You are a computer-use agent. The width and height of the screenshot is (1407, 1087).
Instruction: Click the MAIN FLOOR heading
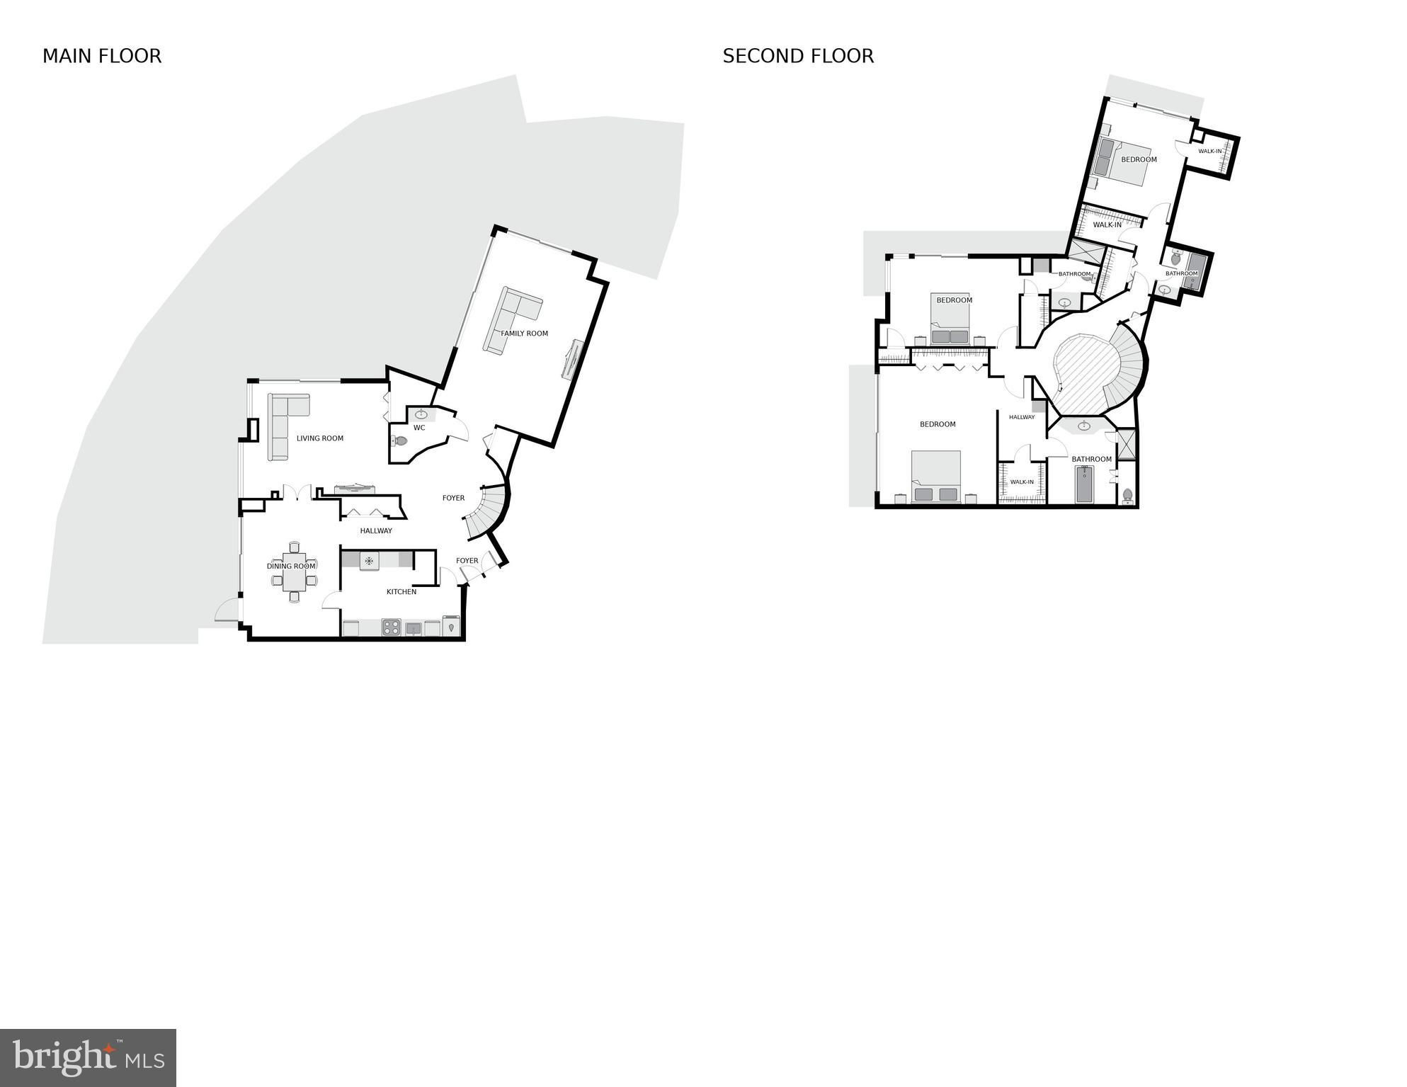pos(102,56)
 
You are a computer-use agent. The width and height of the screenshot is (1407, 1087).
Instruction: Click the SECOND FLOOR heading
pos(798,56)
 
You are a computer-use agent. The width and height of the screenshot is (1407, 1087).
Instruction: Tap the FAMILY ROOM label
pos(525,334)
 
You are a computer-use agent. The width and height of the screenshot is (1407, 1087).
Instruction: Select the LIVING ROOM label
pos(320,438)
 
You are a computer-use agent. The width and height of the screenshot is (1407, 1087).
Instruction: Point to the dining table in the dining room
pos(295,571)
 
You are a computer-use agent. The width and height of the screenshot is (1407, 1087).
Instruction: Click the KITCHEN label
pos(401,592)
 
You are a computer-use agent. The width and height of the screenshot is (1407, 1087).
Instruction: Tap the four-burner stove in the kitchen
pos(392,627)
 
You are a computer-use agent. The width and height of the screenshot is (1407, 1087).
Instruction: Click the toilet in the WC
pos(400,441)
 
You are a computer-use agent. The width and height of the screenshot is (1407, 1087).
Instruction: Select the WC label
pos(419,428)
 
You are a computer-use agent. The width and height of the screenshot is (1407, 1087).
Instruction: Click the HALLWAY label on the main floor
pos(376,531)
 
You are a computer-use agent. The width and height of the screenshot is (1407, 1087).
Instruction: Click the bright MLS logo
pos(89,1058)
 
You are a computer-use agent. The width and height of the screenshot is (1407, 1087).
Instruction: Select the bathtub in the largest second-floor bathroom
pos(1084,484)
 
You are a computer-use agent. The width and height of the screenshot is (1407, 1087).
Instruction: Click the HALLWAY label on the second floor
pos(1022,417)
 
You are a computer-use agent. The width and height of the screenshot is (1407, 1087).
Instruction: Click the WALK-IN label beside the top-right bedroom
pos(1209,151)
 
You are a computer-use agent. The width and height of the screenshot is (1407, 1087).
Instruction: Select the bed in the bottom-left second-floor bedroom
pos(936,477)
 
